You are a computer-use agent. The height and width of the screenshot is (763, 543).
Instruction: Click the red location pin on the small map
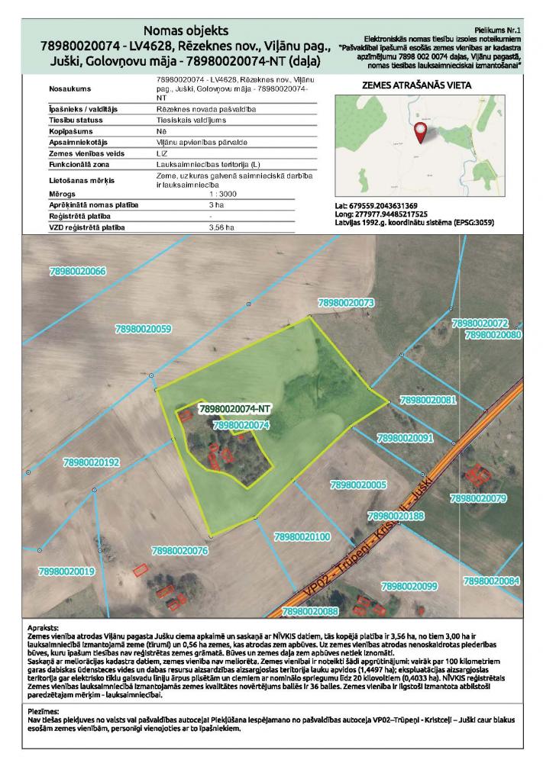pos(420,134)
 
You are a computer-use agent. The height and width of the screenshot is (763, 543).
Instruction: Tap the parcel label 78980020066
pos(77,271)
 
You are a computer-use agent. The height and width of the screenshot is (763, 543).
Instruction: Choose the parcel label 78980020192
pos(92,462)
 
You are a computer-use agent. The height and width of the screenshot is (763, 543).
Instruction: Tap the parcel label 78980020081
pos(428,400)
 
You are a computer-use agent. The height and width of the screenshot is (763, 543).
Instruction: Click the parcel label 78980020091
pos(405,438)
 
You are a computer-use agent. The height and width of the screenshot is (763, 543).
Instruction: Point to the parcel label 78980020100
pos(301,537)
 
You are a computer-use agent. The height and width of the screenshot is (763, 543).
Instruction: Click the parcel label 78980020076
pos(180,550)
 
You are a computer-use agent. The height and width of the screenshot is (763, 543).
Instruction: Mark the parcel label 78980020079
pos(479,498)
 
